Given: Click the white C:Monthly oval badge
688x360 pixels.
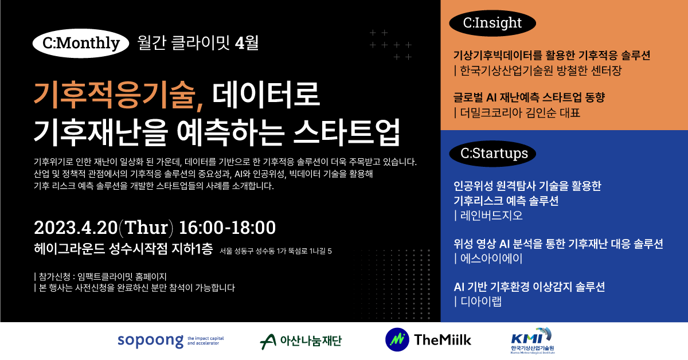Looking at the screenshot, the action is pos(81,44).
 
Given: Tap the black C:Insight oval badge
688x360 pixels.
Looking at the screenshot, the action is pos(492,24).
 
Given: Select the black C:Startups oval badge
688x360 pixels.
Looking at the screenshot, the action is pos(492,154).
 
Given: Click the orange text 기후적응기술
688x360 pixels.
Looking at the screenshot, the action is pos(118,95).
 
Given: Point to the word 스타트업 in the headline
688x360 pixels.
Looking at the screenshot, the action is pos(347,132).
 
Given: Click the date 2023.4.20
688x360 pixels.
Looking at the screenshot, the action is pos(76,228).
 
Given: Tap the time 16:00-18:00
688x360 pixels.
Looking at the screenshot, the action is pos(227,228).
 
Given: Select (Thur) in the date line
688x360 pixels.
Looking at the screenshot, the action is pos(146,228).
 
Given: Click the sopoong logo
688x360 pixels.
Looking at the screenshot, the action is pos(171,341).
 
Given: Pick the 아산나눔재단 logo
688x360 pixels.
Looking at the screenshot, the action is pos(300,341).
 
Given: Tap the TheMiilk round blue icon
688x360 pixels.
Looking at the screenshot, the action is pos(397,340).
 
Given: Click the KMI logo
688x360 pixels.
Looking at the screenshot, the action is pos(533,341).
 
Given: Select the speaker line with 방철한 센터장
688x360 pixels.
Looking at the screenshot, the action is pos(538,71).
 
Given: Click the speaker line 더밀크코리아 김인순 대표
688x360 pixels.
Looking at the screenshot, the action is pos(517,113).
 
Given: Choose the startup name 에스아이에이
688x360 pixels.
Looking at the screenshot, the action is pos(488,259).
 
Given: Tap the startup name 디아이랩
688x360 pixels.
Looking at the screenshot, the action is pos(478,302).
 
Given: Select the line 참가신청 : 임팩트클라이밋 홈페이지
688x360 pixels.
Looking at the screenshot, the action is pos(100,277).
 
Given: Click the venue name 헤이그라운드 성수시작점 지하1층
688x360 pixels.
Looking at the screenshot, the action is pos(123,249).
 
